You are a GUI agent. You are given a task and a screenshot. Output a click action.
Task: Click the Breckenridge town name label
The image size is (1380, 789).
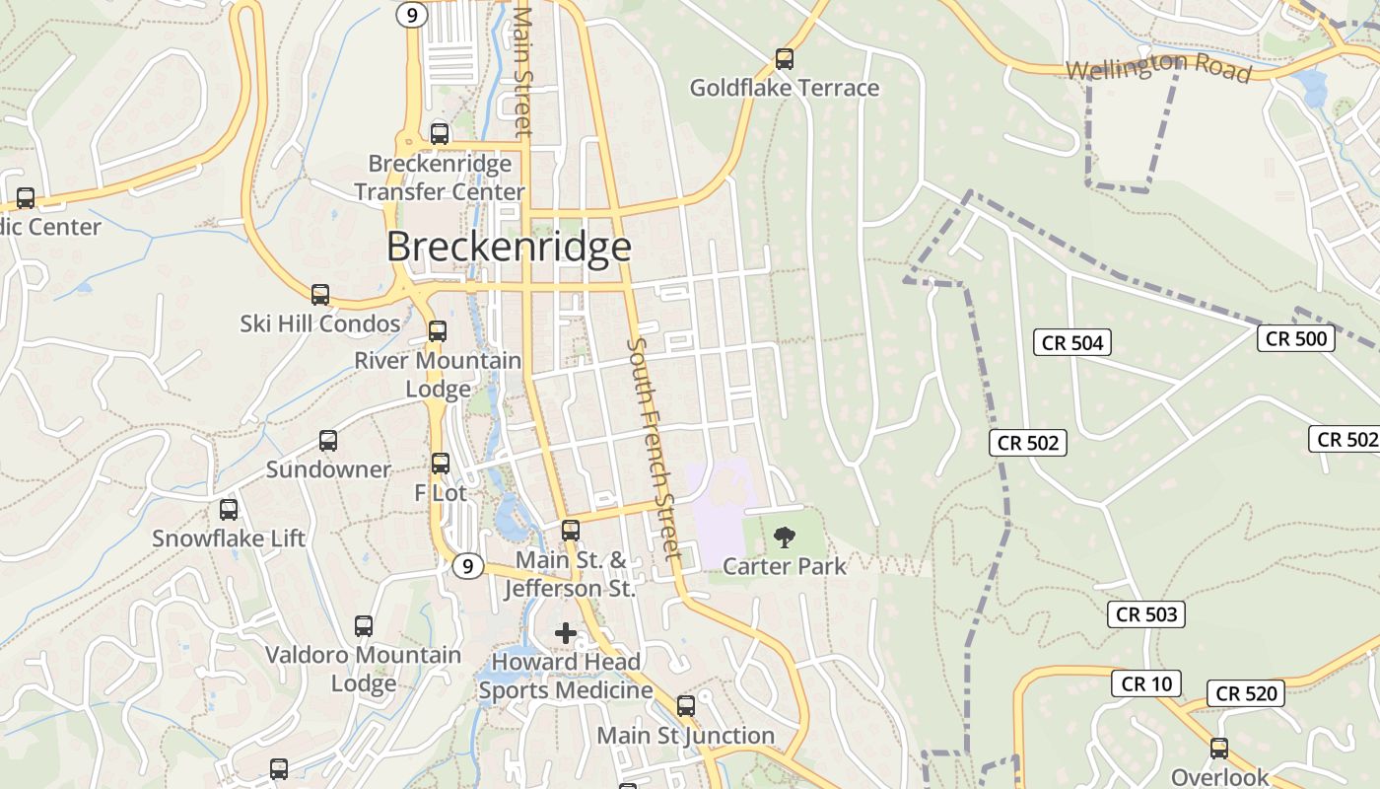pos(508,247)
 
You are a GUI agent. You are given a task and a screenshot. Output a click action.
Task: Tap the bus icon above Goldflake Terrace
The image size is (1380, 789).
pos(784,59)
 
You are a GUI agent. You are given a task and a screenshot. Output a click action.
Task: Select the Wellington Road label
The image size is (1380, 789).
pos(1159,69)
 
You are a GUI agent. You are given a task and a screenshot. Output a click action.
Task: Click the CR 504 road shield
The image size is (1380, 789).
pos(1072,343)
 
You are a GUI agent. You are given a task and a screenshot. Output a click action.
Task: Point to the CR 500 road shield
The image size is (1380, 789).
pos(1295,338)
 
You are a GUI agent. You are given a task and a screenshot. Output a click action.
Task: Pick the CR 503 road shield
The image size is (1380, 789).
pos(1145,614)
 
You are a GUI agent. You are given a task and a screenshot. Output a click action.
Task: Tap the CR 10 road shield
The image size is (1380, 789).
pos(1146,683)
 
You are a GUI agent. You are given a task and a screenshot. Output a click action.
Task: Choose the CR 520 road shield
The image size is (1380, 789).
pos(1246,693)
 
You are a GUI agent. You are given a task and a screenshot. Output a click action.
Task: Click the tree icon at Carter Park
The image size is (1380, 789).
pos(784,538)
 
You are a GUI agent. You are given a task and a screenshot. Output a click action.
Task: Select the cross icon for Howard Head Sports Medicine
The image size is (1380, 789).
pos(566,633)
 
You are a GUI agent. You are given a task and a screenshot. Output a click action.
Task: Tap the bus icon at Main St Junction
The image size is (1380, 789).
pos(686,706)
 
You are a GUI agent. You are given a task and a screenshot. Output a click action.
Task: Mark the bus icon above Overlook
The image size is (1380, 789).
pos(1219,749)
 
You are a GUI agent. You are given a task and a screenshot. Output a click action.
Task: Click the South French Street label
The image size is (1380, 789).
pos(654,449)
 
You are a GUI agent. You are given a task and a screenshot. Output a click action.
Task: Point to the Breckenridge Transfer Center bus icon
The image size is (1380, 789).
pos(440,134)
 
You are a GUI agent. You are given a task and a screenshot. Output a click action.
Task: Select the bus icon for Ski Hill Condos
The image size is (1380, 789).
pos(320,295)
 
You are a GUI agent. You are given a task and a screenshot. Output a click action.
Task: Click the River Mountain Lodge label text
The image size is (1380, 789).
pos(438,375)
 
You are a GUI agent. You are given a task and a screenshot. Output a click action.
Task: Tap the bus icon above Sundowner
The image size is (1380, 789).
pos(328,441)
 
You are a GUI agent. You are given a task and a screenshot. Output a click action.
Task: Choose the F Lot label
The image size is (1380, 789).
pos(440,492)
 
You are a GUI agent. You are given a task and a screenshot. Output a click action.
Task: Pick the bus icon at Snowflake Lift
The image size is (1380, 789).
pos(229,510)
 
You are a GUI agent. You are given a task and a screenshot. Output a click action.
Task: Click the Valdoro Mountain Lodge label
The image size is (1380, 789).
pos(364,669)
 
